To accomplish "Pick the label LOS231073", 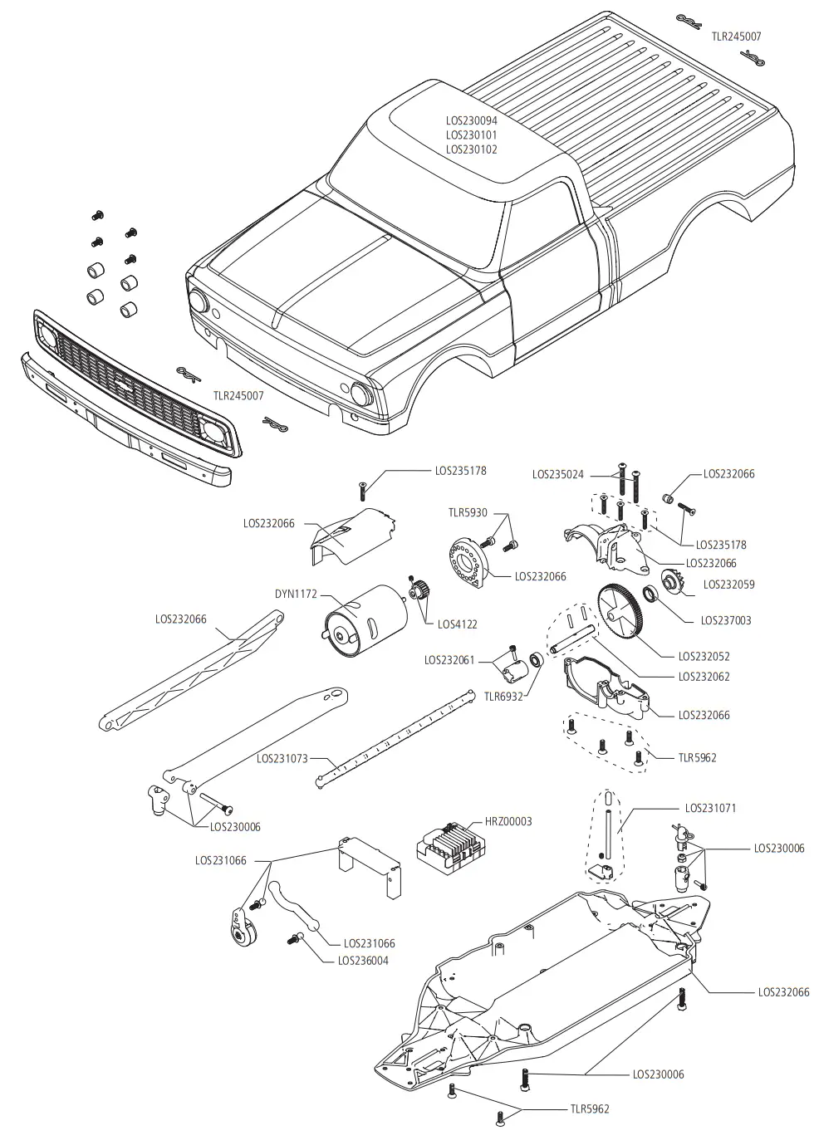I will coord(282,758).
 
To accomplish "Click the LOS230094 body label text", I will coord(471,120).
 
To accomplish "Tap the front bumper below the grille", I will coord(125,423).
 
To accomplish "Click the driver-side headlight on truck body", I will coord(360,393).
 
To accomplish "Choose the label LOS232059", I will coord(728,585).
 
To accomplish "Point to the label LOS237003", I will coord(725,620).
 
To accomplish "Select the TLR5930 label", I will coord(468,513).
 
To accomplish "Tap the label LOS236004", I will coord(363,961).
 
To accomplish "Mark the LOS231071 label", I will coord(710,808).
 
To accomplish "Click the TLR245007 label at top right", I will coord(736,37).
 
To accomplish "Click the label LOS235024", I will coord(557,475).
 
